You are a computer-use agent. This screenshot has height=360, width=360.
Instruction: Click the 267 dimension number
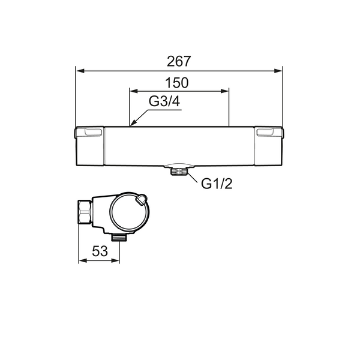point(179,61)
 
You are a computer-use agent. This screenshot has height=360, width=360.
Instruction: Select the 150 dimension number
point(177,83)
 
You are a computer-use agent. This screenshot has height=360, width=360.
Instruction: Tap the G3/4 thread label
point(164,101)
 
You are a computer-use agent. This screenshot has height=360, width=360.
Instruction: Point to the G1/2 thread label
point(217,184)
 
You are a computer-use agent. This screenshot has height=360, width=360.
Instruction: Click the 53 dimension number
point(100,251)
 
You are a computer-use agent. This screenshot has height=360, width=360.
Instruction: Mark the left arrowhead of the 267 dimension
point(80,71)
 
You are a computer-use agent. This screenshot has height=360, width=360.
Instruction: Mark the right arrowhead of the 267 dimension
point(278,71)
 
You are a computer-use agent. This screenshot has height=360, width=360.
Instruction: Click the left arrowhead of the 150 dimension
point(134,91)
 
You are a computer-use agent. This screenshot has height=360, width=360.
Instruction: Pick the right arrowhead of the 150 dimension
point(224,91)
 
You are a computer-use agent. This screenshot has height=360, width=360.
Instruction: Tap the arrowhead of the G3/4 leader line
point(133,124)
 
